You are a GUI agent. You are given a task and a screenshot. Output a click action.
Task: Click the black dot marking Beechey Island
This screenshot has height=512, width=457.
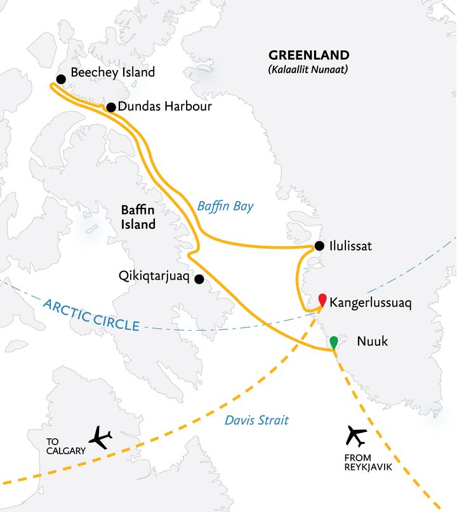(x=61, y=79)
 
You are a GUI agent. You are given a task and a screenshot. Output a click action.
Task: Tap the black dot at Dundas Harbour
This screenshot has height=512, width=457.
(x=110, y=107)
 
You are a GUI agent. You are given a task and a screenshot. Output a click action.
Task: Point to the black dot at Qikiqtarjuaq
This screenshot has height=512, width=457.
(x=199, y=279)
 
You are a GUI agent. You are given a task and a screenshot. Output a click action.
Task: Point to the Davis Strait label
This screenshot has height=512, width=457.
(x=257, y=420)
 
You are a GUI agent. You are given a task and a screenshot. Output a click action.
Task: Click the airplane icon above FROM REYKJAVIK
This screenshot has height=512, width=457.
(x=357, y=436)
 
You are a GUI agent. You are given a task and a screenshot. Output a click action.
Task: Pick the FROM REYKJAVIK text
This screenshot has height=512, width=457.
(x=357, y=460)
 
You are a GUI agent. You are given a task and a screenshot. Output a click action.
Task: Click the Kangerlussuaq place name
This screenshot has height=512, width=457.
(x=371, y=303)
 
